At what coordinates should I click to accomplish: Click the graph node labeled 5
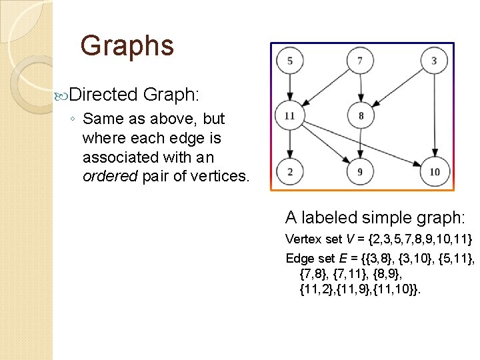coord(289,61)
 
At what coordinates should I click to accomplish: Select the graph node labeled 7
coord(361,61)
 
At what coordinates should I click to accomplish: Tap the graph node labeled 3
coord(434,61)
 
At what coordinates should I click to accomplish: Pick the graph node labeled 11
coord(289,116)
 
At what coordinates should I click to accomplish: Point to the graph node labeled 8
coord(361,116)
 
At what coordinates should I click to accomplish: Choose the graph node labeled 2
coord(289,172)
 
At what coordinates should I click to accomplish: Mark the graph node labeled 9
coord(361,172)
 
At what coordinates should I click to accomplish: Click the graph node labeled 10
coord(434,172)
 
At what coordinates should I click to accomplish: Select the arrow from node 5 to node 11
coord(289,89)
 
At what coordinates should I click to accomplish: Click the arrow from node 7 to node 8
coord(361,89)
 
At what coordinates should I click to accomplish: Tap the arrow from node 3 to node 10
coord(434,117)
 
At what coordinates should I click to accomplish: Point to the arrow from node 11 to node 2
coord(289,144)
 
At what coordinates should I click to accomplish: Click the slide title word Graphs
coord(127,46)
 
